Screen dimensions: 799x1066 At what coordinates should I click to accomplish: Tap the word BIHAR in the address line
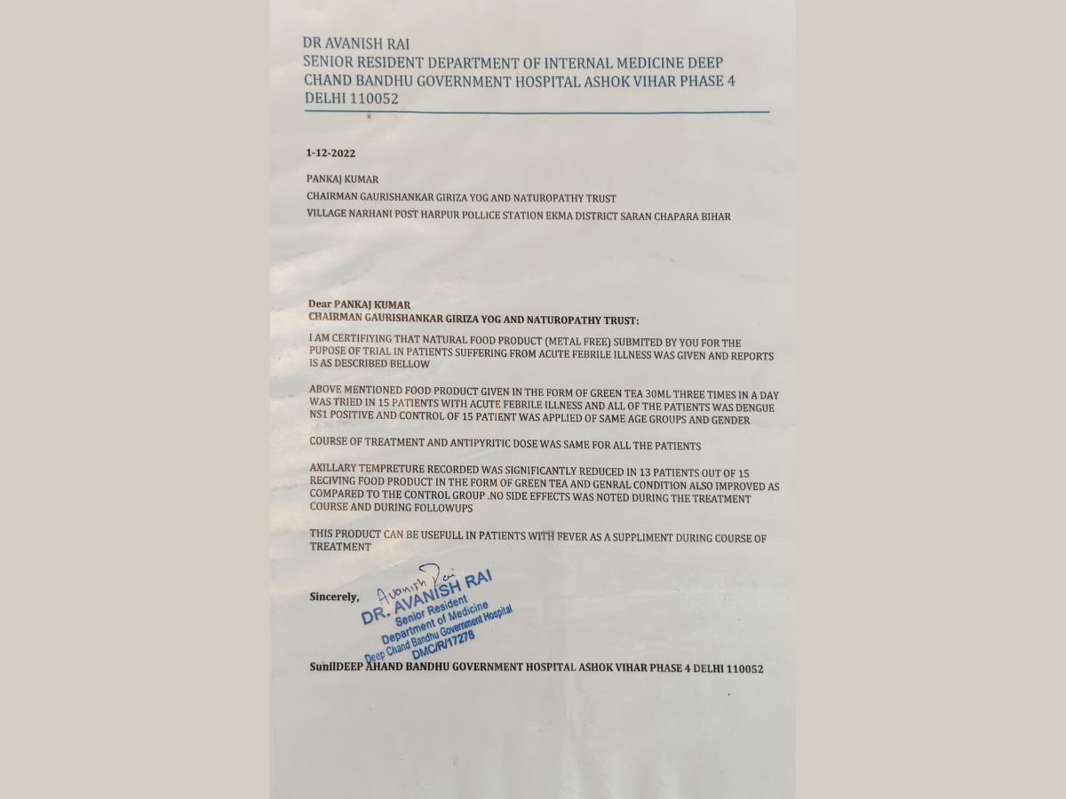pos(715,216)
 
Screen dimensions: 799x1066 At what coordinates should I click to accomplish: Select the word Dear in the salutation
pos(320,303)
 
